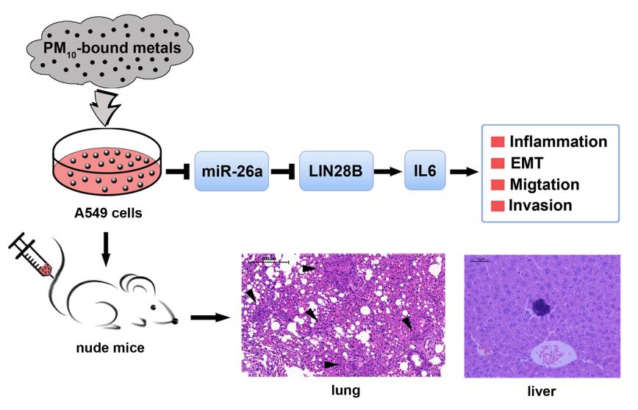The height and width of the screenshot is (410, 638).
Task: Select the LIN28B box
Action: pyautogui.click(x=331, y=171)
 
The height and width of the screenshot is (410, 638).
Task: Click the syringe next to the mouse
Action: pyautogui.click(x=32, y=256)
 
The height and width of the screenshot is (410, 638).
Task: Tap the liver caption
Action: pyautogui.click(x=544, y=391)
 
